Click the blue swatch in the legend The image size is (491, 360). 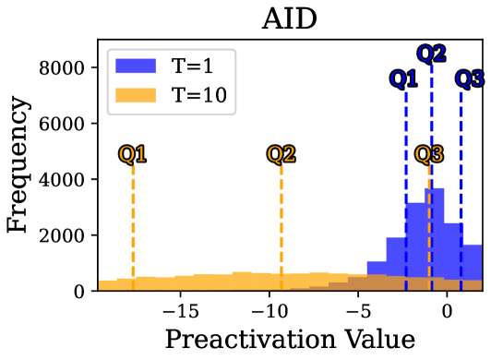[136, 66]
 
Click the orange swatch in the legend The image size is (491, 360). [136, 95]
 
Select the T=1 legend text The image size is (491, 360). [192, 66]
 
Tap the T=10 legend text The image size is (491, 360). [198, 95]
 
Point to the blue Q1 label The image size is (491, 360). [404, 79]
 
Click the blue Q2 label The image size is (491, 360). [431, 54]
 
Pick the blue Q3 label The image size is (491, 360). [470, 79]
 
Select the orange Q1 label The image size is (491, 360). [133, 154]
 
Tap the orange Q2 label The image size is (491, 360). [281, 154]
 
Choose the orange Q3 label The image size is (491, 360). [429, 154]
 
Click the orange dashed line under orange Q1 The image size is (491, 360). [133, 222]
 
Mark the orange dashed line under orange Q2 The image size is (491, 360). [281, 222]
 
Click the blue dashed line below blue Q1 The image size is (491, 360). [405, 148]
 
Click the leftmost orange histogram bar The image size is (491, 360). [107, 284]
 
